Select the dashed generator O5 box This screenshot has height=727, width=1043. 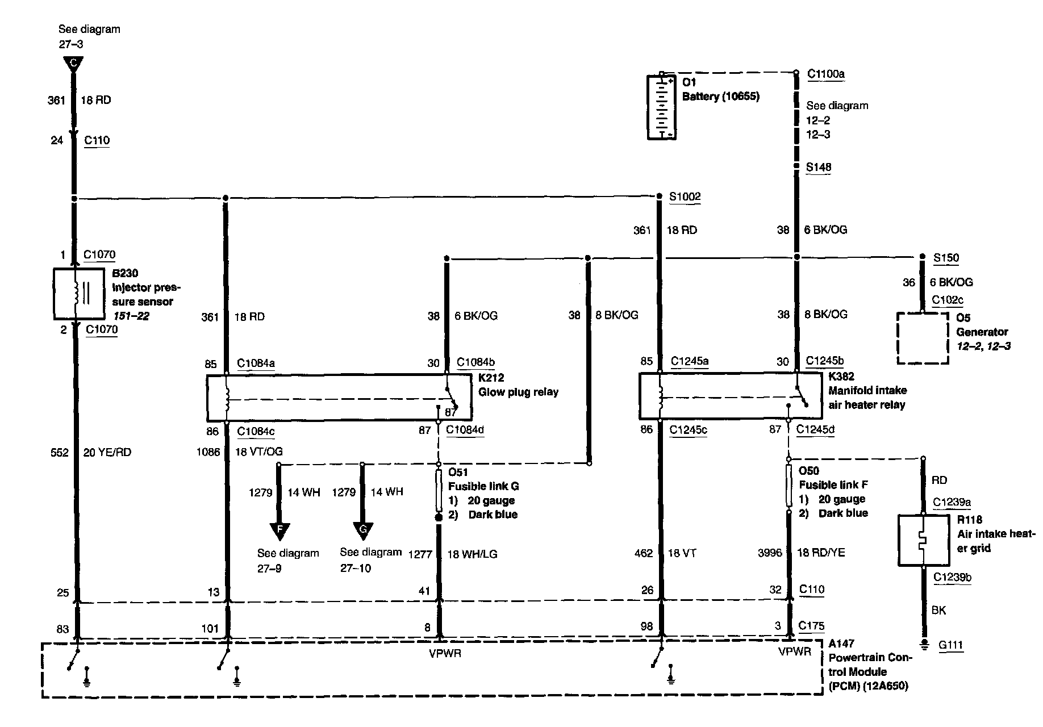(923, 338)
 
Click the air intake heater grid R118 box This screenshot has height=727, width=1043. (924, 540)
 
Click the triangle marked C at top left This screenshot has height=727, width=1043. (73, 64)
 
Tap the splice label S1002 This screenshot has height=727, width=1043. (685, 197)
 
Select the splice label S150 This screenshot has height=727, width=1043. (946, 258)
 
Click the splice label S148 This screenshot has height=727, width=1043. (819, 167)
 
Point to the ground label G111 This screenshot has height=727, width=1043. (951, 645)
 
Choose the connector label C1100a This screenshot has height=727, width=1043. (826, 74)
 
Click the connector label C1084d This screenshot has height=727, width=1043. (465, 430)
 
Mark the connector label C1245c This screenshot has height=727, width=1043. (689, 430)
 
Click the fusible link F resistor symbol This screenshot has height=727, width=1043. (789, 486)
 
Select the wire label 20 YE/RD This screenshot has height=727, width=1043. (107, 453)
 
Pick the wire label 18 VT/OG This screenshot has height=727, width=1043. (258, 452)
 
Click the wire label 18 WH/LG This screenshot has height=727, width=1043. (472, 554)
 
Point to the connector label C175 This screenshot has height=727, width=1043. (811, 626)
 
